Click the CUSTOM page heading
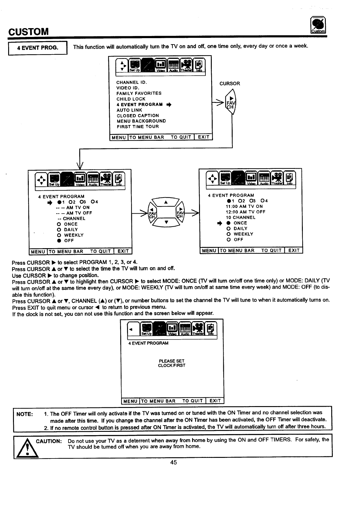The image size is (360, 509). (28, 31)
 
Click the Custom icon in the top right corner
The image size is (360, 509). (318, 25)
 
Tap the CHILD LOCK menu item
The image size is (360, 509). (131, 99)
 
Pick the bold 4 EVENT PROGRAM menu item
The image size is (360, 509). (140, 104)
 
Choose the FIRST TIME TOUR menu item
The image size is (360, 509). (138, 126)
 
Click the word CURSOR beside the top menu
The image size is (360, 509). (230, 84)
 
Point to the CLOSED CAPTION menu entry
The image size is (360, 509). (138, 116)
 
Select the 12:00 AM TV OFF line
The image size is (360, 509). (245, 212)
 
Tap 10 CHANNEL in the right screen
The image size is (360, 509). (241, 217)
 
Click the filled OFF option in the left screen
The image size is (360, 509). (65, 241)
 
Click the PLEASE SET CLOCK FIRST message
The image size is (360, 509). (172, 363)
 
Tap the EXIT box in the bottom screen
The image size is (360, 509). (215, 401)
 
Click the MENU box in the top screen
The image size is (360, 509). (119, 137)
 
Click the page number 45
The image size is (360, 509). (173, 462)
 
